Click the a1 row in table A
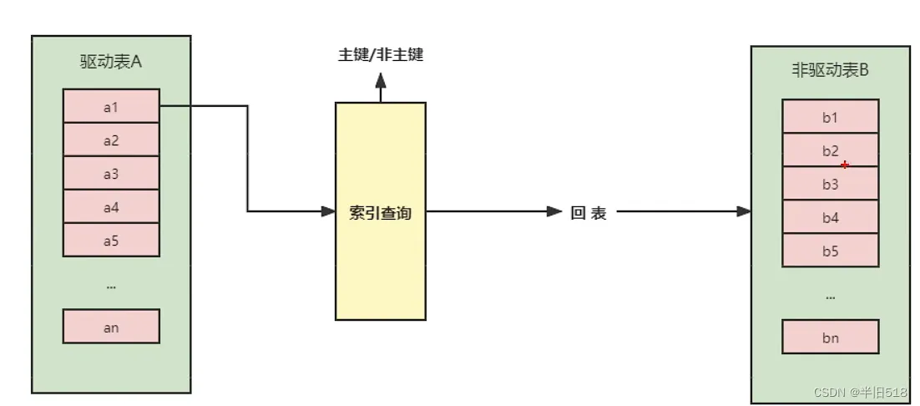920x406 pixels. [x=111, y=105]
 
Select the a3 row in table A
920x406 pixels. [x=111, y=173]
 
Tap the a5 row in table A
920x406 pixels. [x=111, y=240]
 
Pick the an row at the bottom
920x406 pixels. [x=111, y=326]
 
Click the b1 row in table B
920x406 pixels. [x=830, y=116]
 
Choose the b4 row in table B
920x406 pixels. [x=830, y=217]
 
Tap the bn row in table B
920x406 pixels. [x=830, y=337]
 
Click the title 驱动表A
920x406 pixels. [x=111, y=62]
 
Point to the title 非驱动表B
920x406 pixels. [x=830, y=70]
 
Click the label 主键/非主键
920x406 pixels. [x=380, y=55]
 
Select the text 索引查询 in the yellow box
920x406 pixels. [x=380, y=213]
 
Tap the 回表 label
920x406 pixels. [x=589, y=213]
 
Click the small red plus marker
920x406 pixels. [x=845, y=165]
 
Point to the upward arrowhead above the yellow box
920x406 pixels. [x=381, y=80]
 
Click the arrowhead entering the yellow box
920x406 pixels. [x=329, y=211]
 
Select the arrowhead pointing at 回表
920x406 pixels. [x=555, y=211]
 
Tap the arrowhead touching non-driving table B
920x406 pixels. [x=744, y=211]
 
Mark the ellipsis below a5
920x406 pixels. [x=111, y=287]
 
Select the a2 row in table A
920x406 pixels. [x=111, y=140]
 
